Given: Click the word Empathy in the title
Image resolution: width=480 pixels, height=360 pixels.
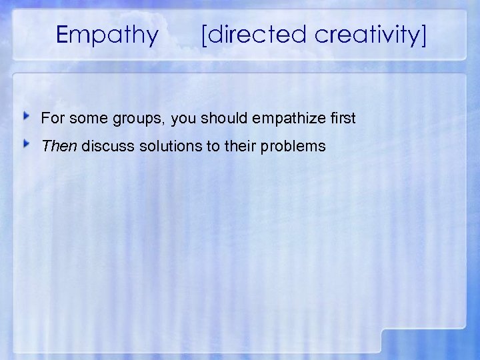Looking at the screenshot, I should tap(108, 35).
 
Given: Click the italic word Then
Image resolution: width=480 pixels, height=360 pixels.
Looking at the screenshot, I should tap(59, 145).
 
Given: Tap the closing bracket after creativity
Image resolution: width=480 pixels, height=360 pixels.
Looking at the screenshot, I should tap(423, 35).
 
